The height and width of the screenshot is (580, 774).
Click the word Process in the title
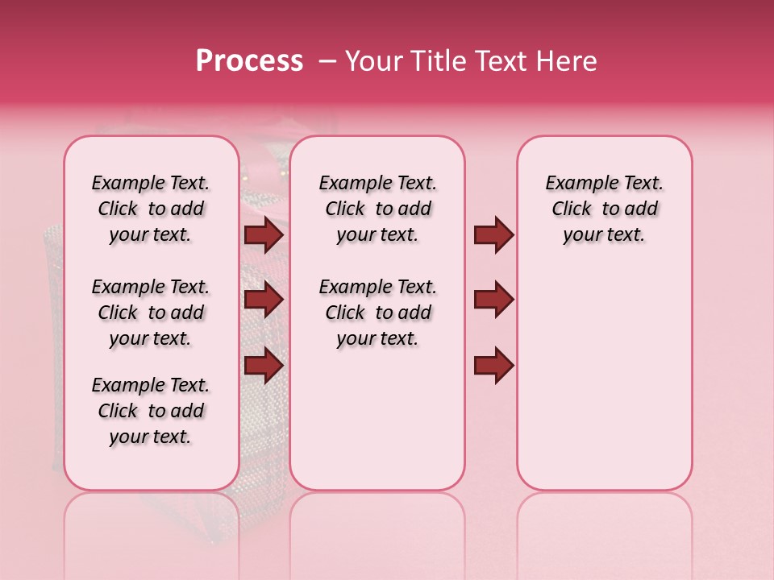click(249, 61)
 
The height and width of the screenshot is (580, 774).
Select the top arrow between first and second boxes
click(264, 235)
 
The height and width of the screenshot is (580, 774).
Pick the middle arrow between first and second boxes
click(264, 300)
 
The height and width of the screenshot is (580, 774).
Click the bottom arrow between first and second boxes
click(264, 365)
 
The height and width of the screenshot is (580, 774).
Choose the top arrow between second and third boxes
click(493, 235)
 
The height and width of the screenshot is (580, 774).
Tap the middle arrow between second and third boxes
click(493, 300)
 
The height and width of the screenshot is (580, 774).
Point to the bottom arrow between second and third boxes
click(493, 365)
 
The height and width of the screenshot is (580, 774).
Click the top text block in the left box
click(151, 209)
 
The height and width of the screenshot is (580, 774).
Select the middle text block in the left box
click(151, 313)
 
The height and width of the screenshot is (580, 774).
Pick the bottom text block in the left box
click(151, 411)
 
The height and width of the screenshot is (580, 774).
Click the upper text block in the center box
click(377, 209)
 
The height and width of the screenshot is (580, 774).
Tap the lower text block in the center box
click(377, 313)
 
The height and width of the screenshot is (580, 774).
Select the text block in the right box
click(604, 209)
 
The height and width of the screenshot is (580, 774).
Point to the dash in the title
click(327, 61)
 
